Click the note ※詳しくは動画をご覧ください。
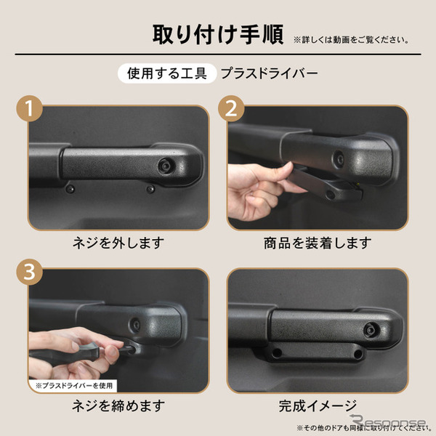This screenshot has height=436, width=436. [x=350, y=39]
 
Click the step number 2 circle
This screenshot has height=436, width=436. [x=231, y=111]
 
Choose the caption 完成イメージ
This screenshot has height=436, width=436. [x=318, y=405]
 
